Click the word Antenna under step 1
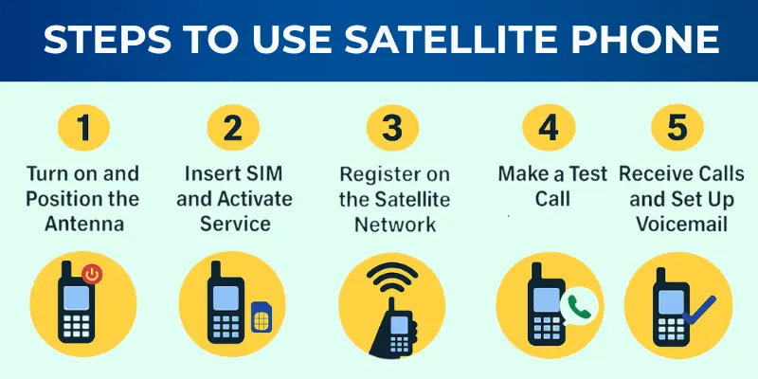(x=83, y=224)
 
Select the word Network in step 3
(x=391, y=224)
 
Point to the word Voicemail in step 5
(x=675, y=224)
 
